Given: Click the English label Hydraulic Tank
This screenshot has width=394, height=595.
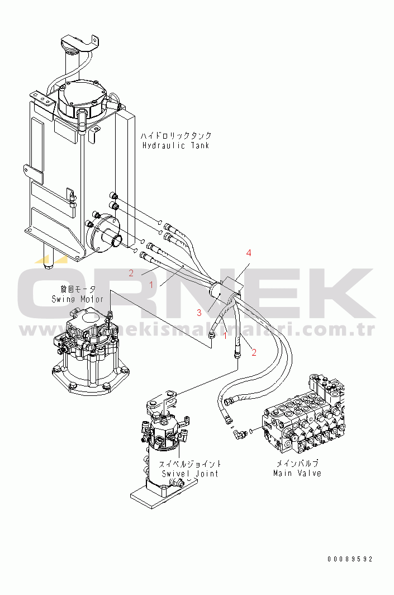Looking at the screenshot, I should click(175, 145).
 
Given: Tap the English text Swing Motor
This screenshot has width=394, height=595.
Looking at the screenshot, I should click(77, 299).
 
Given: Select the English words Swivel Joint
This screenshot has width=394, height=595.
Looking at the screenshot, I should click(191, 474).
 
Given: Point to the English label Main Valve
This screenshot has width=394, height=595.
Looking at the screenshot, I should click(297, 473).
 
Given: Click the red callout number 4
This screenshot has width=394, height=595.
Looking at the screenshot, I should click(249, 253).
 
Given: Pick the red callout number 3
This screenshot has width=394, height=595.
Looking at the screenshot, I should click(198, 312).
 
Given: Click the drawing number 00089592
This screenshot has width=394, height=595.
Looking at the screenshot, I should click(350, 559).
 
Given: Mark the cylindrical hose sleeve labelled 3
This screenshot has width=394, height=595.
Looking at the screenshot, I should click(219, 291).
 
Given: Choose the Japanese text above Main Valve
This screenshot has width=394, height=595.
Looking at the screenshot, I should click(297, 464).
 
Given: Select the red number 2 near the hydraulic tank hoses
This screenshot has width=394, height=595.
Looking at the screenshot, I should click(131, 273).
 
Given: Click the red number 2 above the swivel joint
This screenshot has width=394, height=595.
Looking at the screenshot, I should click(254, 352).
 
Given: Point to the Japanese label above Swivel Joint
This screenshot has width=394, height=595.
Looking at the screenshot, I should click(190, 464).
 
